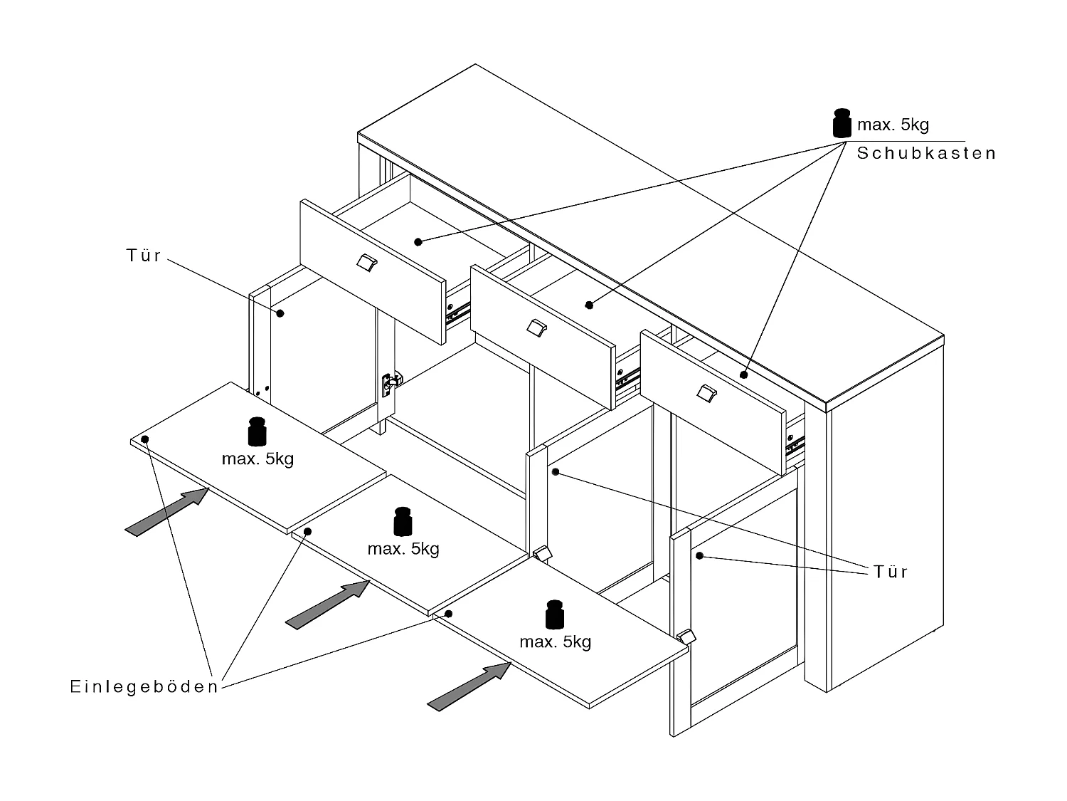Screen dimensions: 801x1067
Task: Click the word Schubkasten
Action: [x=926, y=154]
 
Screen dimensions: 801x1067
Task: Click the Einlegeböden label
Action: [x=144, y=687]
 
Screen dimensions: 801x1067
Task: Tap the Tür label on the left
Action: [x=144, y=256]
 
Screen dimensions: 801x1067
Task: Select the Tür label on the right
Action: [x=891, y=572]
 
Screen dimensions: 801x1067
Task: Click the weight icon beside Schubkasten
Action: [x=842, y=123]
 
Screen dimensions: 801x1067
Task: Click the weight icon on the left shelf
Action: [x=257, y=432]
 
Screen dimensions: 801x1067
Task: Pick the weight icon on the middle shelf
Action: [x=403, y=522]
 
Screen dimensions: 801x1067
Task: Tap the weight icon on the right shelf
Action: [x=555, y=615]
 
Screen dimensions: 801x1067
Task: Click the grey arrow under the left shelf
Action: [x=167, y=511]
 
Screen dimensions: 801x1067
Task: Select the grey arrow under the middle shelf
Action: [x=327, y=604]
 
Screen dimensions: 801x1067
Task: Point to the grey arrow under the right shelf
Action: [x=469, y=686]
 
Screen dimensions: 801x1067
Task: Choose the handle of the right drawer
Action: [x=706, y=392]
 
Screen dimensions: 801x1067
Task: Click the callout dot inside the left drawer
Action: [x=418, y=242]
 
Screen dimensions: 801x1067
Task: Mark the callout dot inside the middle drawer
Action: [x=588, y=305]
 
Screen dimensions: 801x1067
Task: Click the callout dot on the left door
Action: [x=280, y=313]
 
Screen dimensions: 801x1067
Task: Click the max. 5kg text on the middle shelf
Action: [x=403, y=549]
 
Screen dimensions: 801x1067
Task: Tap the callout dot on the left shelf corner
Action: [x=145, y=439]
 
